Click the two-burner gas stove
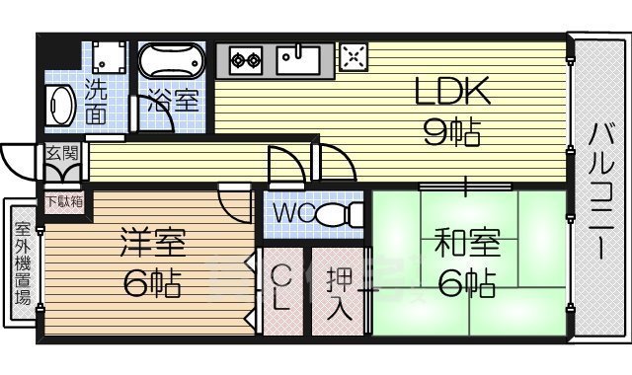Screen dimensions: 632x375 point(244,60)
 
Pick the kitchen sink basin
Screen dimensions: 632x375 point(296,59)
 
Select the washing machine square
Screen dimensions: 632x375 point(106,57)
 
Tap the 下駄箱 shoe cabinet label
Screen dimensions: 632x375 point(63,201)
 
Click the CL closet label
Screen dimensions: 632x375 point(280,287)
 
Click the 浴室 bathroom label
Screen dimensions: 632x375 point(173,100)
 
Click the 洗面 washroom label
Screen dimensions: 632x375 point(97,100)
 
